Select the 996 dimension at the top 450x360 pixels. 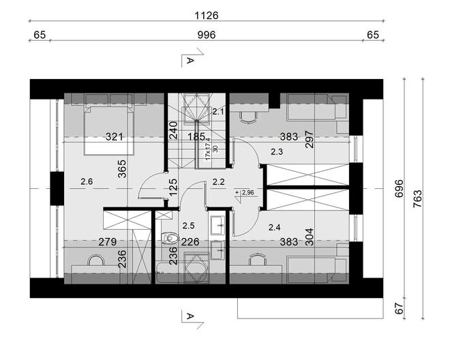[x=206, y=35]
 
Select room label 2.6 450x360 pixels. [x=87, y=181]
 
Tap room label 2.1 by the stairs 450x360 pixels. [x=218, y=112]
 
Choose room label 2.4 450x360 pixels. [x=275, y=228]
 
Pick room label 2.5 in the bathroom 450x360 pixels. [x=189, y=224]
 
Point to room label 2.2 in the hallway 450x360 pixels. [x=218, y=182]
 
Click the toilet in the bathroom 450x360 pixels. [x=170, y=239]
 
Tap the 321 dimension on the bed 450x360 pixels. [x=114, y=136]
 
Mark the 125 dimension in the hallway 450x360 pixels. [x=174, y=185]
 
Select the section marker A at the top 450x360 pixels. [x=190, y=61]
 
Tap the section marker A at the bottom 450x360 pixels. [x=190, y=315]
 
